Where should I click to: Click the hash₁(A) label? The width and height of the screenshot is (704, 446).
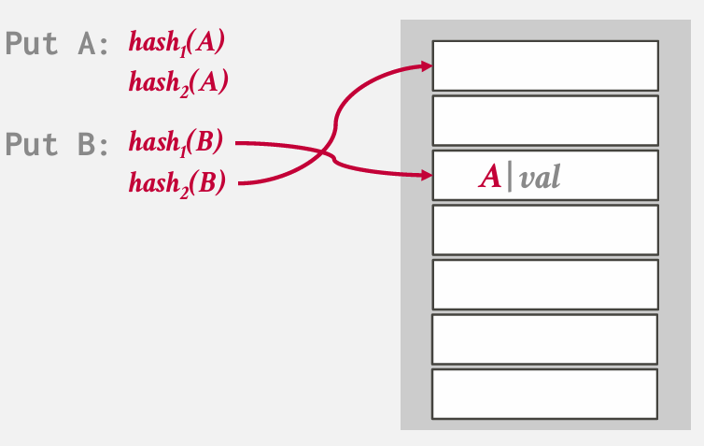click(x=177, y=42)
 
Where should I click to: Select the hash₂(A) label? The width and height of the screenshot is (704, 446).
click(x=178, y=82)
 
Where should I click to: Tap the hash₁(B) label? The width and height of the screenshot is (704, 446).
click(x=176, y=143)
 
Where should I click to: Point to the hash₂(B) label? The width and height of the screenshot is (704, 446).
click(x=177, y=182)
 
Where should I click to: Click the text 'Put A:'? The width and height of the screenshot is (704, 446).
click(x=57, y=44)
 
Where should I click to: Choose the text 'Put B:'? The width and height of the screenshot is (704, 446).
click(x=57, y=144)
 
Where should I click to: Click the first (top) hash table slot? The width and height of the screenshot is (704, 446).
click(x=545, y=65)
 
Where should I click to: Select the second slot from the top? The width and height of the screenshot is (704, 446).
click(x=545, y=121)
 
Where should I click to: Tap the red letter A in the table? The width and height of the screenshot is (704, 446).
click(x=490, y=177)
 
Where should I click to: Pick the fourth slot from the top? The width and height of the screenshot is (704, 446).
click(x=545, y=230)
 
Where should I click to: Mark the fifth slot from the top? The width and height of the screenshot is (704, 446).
click(x=545, y=284)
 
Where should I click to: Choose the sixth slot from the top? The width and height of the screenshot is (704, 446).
click(x=545, y=339)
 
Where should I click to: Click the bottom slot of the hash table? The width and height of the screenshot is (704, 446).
click(x=545, y=394)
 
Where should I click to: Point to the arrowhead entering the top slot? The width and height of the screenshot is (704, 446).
click(x=427, y=65)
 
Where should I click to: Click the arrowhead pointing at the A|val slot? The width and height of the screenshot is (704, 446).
click(x=427, y=174)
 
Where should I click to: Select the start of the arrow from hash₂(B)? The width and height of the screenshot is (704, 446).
click(x=241, y=183)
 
